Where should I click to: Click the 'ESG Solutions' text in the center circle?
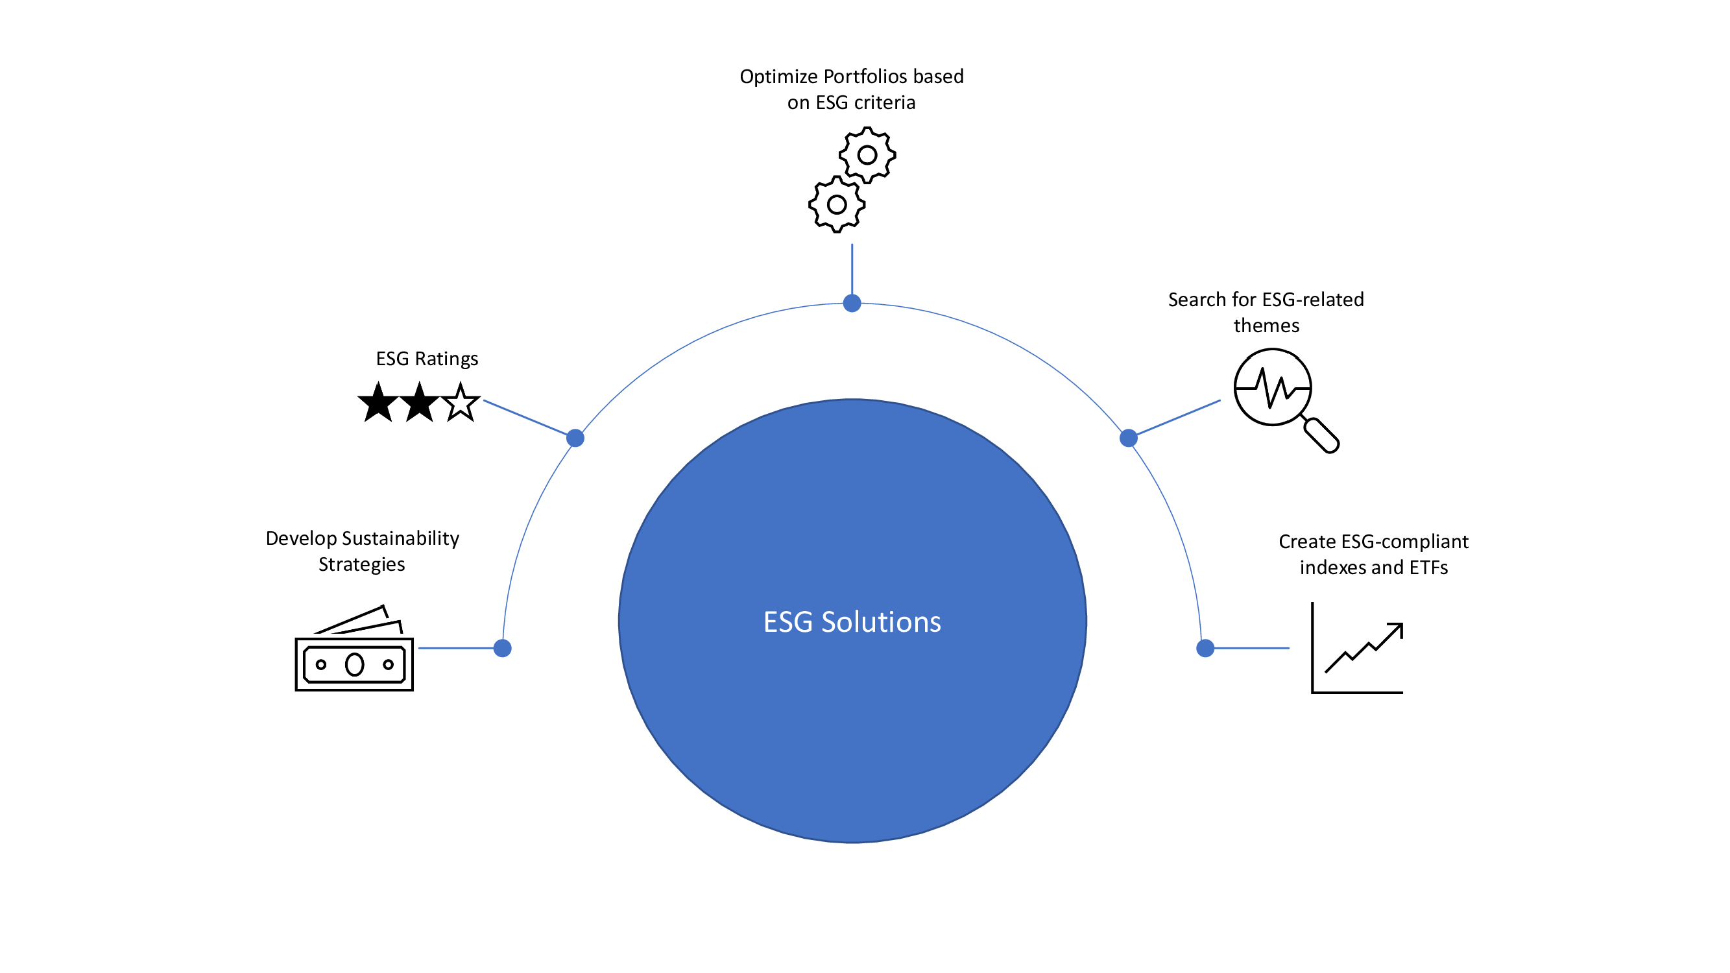(x=852, y=622)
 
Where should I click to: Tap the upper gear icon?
(x=867, y=155)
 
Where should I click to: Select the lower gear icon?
(x=837, y=204)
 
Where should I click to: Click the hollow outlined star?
(x=461, y=403)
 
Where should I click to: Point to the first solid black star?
(x=378, y=403)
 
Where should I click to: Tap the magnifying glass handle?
(x=1321, y=435)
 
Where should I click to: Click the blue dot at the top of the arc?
(x=852, y=304)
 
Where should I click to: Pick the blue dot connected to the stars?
(x=575, y=438)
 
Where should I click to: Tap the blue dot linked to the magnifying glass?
(x=1128, y=438)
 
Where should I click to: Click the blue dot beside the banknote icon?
(x=502, y=648)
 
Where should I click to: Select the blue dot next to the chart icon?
(x=1205, y=648)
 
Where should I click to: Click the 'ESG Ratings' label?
(x=427, y=359)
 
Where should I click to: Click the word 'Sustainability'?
(x=400, y=538)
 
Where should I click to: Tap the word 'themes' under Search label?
(x=1266, y=326)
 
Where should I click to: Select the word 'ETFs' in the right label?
(x=1428, y=568)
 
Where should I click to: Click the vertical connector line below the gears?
(x=852, y=269)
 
